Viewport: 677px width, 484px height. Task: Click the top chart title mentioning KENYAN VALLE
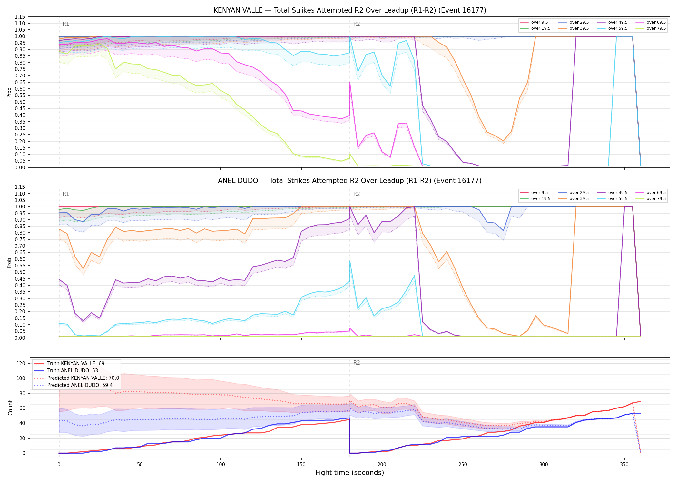tap(350, 10)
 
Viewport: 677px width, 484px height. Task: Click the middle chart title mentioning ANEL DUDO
tap(350, 181)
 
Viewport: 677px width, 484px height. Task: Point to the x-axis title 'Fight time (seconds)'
tap(350, 473)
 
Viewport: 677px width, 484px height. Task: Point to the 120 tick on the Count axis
tap(21, 363)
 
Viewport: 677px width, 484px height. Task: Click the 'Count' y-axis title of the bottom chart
tap(10, 408)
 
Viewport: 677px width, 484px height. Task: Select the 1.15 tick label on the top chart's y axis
tap(20, 17)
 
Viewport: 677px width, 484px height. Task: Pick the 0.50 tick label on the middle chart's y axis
tap(20, 272)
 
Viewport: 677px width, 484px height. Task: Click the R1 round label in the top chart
tap(66, 24)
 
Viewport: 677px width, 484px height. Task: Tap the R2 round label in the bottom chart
tap(357, 363)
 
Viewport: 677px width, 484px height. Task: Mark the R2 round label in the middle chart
tap(357, 194)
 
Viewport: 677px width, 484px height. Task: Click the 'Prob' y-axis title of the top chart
tap(9, 93)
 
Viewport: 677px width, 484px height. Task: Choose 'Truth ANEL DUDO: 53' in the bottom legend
tap(73, 371)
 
